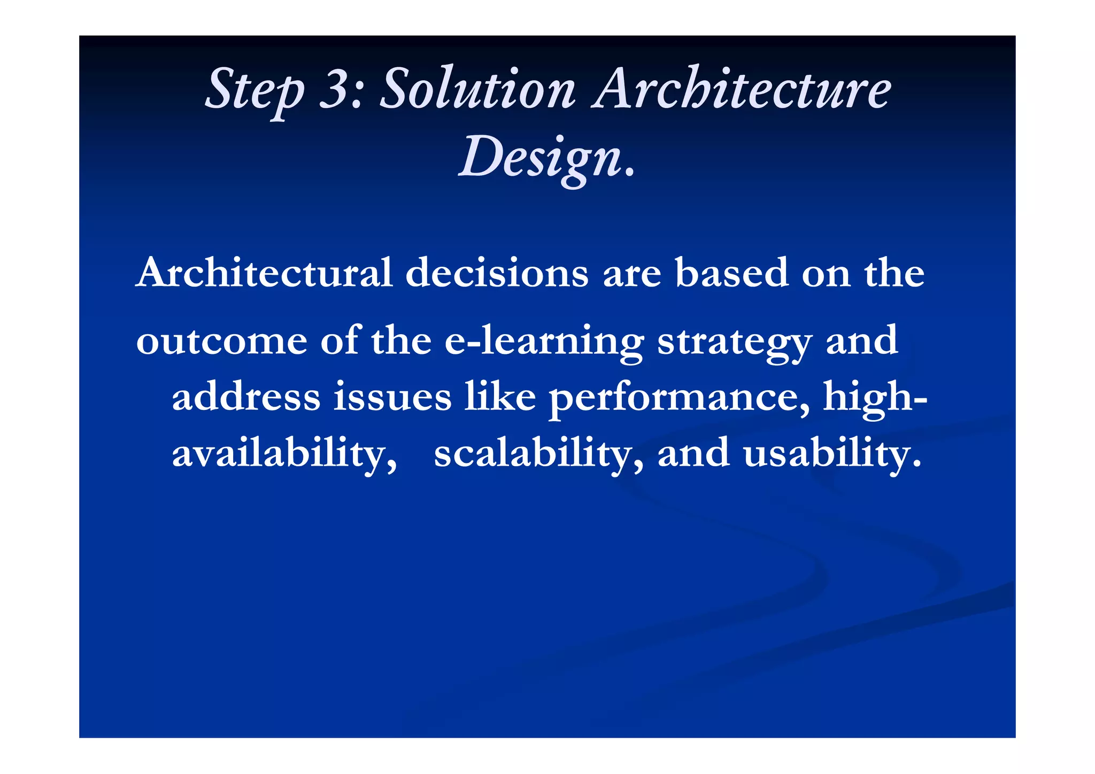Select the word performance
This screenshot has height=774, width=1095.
point(679,398)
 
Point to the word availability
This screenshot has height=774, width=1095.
point(284,453)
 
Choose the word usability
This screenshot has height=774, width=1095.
point(832,453)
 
